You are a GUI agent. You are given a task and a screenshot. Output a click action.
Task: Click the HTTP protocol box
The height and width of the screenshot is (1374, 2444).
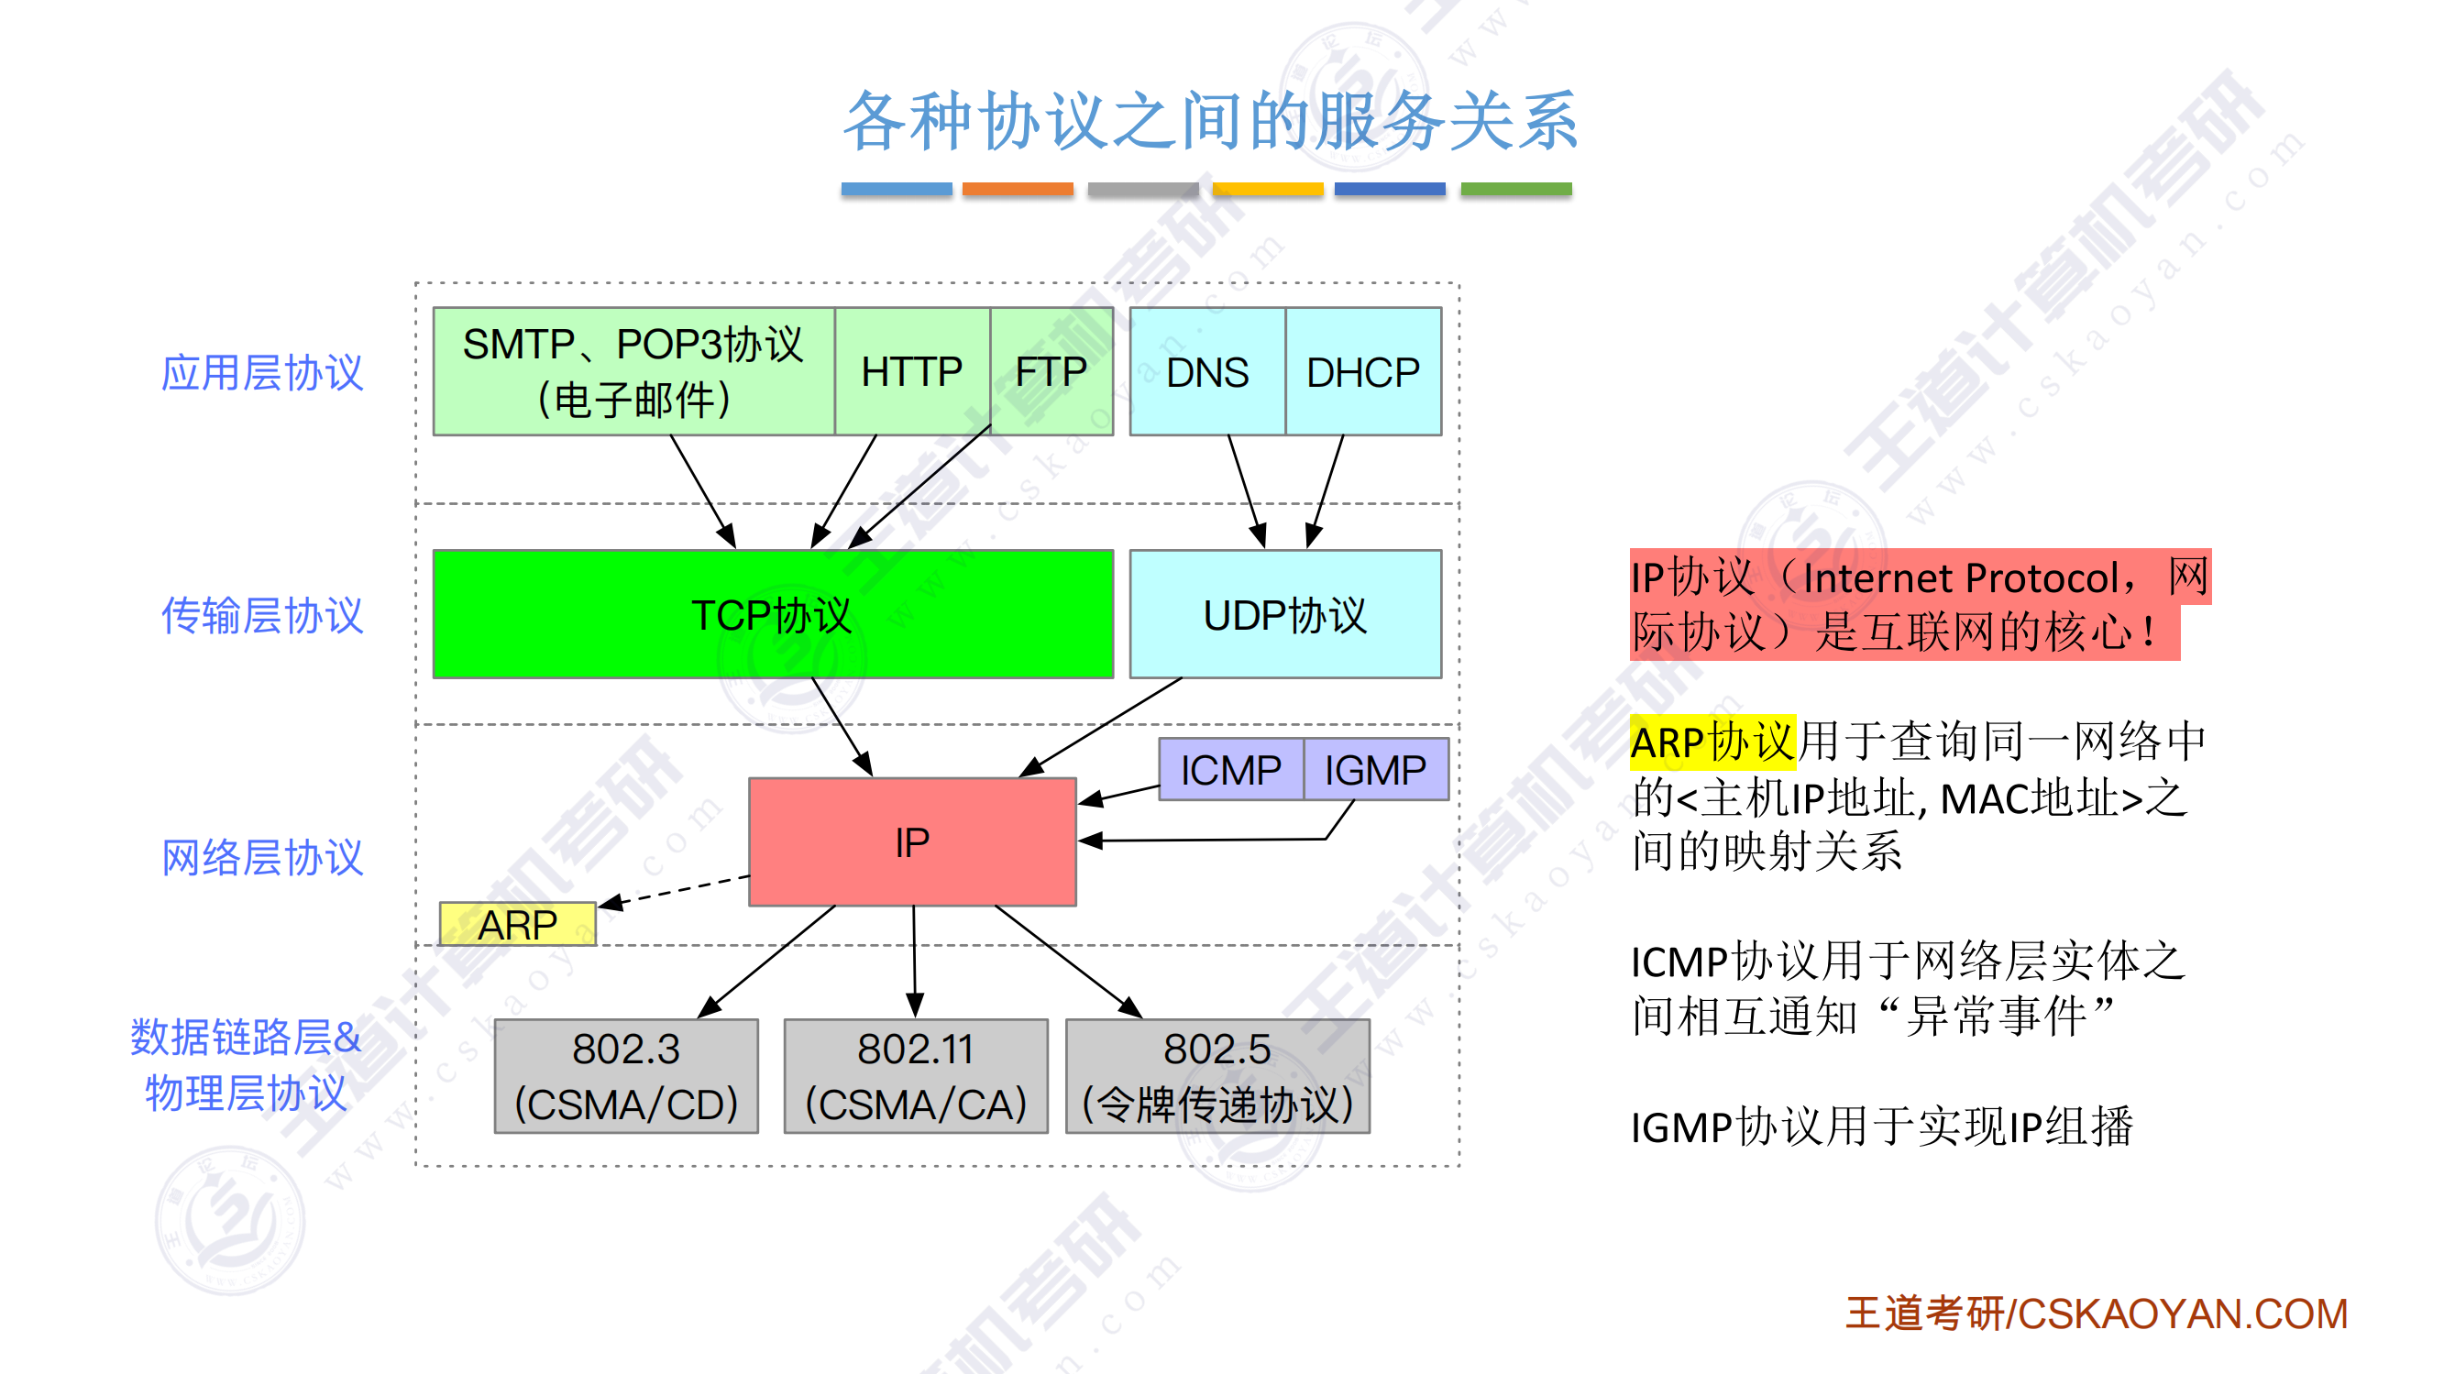tap(912, 371)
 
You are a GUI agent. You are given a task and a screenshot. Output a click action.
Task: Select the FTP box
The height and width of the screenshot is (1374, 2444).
tap(1051, 371)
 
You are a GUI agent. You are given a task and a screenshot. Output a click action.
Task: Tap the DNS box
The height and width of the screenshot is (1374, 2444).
tap(1206, 371)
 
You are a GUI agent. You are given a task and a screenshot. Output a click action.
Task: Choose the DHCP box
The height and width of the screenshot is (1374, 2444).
tap(1362, 371)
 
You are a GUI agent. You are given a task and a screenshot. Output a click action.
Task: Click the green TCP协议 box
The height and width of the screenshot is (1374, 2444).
tap(772, 614)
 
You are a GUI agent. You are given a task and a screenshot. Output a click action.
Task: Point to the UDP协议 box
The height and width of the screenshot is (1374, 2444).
tap(1284, 614)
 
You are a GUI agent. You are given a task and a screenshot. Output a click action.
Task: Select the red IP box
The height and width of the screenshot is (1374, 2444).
tap(912, 841)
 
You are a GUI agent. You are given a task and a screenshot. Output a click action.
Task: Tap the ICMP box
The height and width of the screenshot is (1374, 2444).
tap(1230, 769)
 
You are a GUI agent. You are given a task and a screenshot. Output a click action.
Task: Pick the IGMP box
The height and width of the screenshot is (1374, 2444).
tap(1376, 769)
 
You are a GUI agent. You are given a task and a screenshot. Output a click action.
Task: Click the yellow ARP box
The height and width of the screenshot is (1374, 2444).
tap(517, 924)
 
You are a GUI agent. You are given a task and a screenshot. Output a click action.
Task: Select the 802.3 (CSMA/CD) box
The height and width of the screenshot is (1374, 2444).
tap(626, 1076)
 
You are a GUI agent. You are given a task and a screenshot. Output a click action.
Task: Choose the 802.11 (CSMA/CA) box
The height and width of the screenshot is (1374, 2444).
tap(916, 1076)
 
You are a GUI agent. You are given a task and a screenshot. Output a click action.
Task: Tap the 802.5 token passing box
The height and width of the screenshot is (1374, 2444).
tap(1217, 1076)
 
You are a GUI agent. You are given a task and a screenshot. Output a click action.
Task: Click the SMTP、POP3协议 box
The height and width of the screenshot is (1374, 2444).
tap(633, 371)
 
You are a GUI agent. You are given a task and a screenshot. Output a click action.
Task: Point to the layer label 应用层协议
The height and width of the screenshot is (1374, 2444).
tap(262, 372)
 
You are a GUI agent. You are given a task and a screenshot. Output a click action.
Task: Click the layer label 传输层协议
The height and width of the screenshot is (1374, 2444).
tap(262, 615)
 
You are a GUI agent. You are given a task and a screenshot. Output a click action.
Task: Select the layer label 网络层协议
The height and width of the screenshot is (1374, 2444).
tap(262, 857)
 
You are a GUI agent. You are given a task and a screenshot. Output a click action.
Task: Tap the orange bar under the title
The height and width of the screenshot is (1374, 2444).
tap(1017, 189)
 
